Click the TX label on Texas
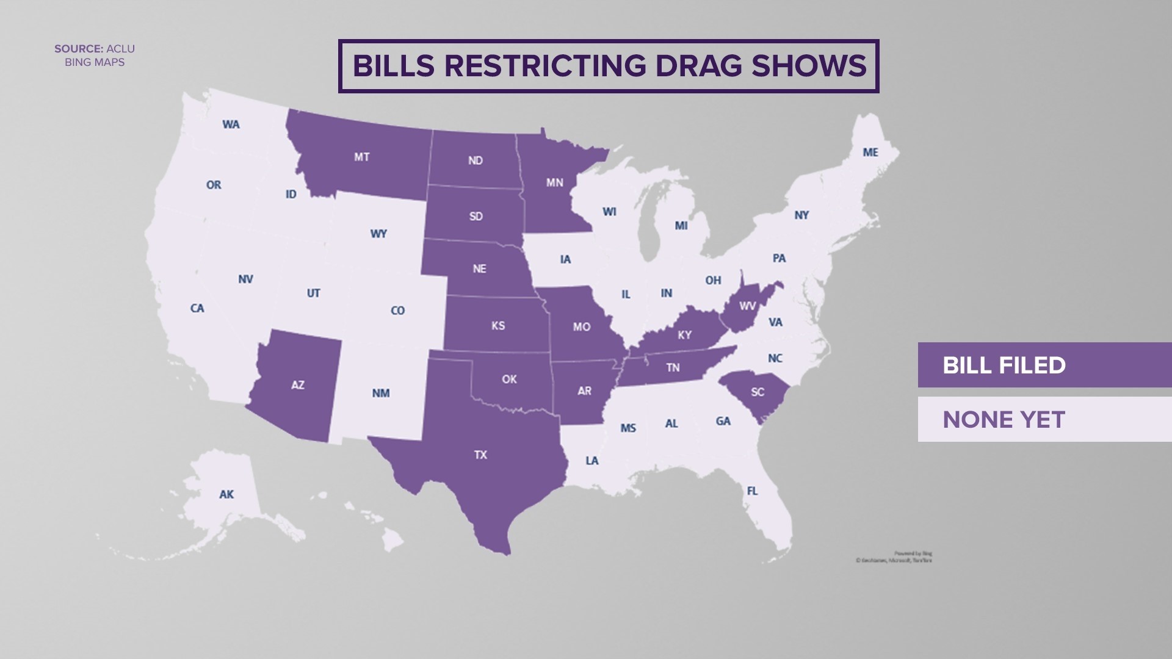point(480,455)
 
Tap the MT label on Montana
point(361,157)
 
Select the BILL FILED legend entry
point(1044,365)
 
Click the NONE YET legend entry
point(1044,419)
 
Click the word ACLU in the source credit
point(121,49)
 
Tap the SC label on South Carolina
point(758,392)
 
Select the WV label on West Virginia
point(747,306)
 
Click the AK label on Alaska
point(226,494)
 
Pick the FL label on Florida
point(752,491)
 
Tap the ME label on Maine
point(870,153)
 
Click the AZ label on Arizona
point(297,385)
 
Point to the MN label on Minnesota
point(554,182)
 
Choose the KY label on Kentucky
point(685,335)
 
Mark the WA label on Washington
point(231,124)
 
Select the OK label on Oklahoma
point(509,380)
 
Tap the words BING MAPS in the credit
point(95,62)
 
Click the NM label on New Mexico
point(381,394)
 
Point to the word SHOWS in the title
point(809,66)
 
